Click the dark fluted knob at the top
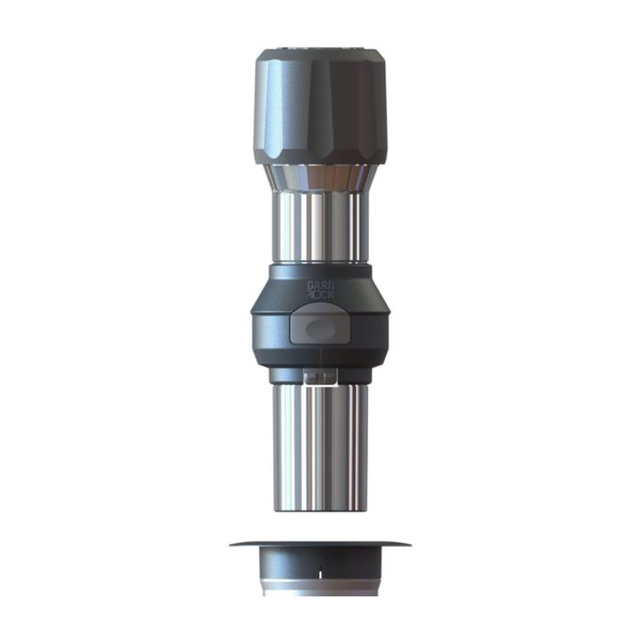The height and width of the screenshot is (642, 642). click(321, 105)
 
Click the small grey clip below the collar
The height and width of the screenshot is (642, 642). click(318, 379)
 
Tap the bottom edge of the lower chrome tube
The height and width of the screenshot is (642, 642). click(321, 510)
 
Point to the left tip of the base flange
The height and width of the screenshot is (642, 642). click(232, 543)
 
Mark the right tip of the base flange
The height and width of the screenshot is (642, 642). click(408, 543)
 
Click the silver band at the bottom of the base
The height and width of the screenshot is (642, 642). click(320, 589)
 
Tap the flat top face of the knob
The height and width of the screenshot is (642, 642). click(321, 52)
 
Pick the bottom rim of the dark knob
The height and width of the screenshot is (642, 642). click(321, 160)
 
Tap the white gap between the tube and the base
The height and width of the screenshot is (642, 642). click(320, 526)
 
